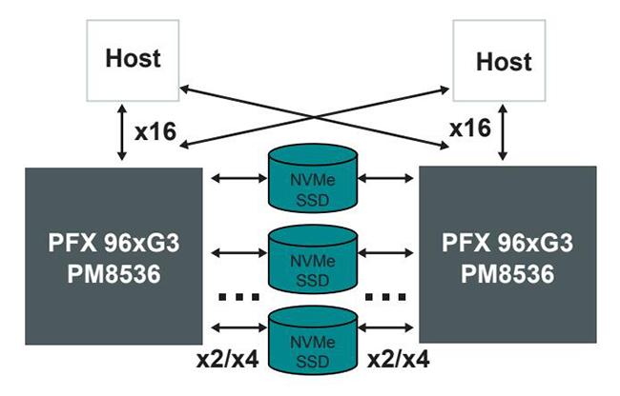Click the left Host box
pos(133,60)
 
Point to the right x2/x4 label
pos(397,362)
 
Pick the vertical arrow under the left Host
pos(121,131)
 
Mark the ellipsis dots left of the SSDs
pos(237,297)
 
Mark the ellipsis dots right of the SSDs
pos(384,297)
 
